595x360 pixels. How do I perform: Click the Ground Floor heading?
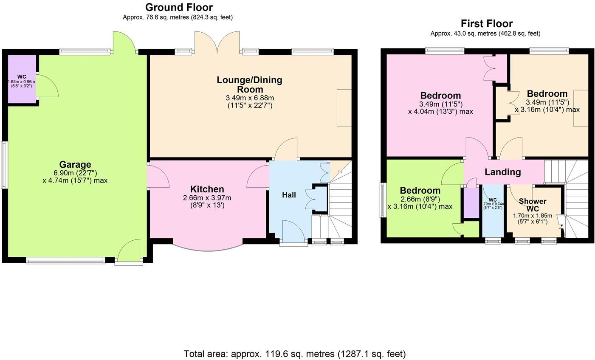click(x=179, y=7)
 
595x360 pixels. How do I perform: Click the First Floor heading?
click(x=487, y=23)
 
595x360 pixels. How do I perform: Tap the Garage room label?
click(x=75, y=165)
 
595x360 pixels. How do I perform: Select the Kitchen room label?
click(x=207, y=189)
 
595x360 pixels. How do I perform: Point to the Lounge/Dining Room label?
click(x=249, y=84)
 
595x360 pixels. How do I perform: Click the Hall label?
click(x=289, y=195)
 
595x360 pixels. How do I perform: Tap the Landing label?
click(x=502, y=172)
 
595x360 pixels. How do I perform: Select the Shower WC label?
click(x=533, y=205)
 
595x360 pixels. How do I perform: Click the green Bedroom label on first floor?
click(x=420, y=191)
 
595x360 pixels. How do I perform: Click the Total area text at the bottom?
click(x=294, y=354)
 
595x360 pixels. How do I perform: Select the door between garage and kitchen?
click(x=157, y=175)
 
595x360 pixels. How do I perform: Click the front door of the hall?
click(x=293, y=233)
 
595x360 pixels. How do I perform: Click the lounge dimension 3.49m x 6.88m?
click(x=249, y=98)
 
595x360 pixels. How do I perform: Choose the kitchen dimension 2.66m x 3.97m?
click(x=207, y=198)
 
